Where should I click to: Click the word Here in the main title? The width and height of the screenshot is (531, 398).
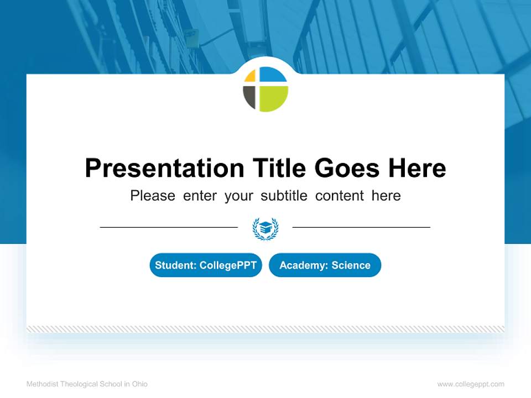point(417,168)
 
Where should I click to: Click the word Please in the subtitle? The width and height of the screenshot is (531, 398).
point(153,196)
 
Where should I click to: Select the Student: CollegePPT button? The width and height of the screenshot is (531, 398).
point(206,265)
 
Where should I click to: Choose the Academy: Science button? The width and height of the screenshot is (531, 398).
point(325,265)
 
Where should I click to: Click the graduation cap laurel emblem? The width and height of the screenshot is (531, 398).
point(265,228)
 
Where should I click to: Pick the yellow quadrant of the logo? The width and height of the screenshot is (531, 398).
point(251,76)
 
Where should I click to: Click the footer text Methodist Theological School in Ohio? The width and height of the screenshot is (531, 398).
point(87,384)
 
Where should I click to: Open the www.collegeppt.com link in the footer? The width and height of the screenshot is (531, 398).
point(471,384)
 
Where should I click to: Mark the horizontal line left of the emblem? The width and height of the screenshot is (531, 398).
point(169,227)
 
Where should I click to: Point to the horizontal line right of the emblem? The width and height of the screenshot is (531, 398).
point(361,227)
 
